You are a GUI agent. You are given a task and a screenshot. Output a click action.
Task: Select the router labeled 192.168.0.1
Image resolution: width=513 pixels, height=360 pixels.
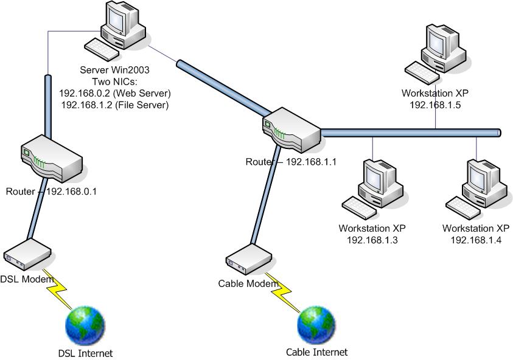[x=51, y=161]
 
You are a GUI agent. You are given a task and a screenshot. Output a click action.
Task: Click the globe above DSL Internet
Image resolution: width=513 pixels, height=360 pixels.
[x=85, y=325]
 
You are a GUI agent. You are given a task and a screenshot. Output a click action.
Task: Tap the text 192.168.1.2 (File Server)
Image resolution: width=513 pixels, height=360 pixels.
[x=115, y=105]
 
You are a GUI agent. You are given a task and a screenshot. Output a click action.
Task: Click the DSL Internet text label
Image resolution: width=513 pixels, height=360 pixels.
[x=86, y=353]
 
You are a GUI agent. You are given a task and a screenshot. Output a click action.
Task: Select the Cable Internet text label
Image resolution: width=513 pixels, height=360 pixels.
[x=316, y=352]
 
